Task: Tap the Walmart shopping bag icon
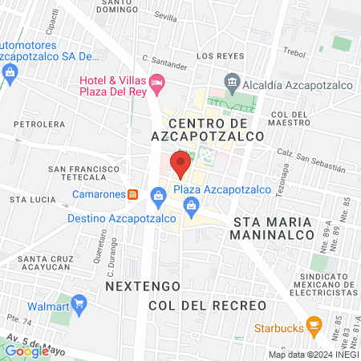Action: pyautogui.click(x=79, y=304)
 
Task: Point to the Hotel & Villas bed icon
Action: pyautogui.click(x=158, y=81)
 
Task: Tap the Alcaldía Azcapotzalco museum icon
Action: pyautogui.click(x=232, y=80)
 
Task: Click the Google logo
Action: pyautogui.click(x=26, y=350)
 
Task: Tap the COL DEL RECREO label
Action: pyautogui.click(x=207, y=306)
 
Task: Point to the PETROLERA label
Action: pyautogui.click(x=39, y=124)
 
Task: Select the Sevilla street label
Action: pyautogui.click(x=166, y=17)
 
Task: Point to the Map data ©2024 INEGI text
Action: pyautogui.click(x=313, y=355)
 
